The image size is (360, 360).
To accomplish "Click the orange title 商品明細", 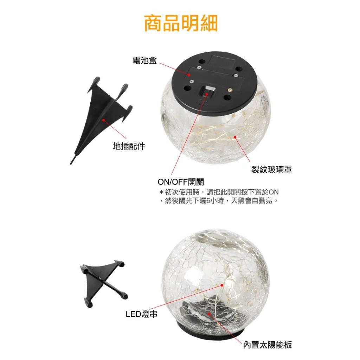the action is [x=180, y=23].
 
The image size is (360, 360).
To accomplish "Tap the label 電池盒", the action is [x=144, y=60].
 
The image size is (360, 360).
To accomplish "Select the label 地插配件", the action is [x=129, y=146].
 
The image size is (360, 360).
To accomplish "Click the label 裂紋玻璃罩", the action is [x=271, y=170].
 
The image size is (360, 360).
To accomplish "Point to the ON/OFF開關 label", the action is [x=181, y=182].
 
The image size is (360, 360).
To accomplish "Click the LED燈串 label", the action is [x=142, y=314].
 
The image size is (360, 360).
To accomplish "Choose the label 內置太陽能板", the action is [x=268, y=345].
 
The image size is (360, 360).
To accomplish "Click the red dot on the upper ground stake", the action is [x=104, y=120].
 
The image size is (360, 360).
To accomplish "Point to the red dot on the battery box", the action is [x=189, y=75].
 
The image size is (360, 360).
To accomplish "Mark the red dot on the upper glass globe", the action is [x=235, y=137].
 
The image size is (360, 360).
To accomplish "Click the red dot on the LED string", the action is [x=222, y=285].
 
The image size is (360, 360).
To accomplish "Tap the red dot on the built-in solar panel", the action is [x=209, y=313].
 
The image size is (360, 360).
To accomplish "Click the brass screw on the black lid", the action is [x=228, y=90].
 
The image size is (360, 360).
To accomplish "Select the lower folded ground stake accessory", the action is [x=103, y=282].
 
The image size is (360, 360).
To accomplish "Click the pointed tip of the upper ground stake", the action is [x=71, y=164].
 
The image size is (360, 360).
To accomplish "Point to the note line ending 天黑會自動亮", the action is [x=219, y=201].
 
